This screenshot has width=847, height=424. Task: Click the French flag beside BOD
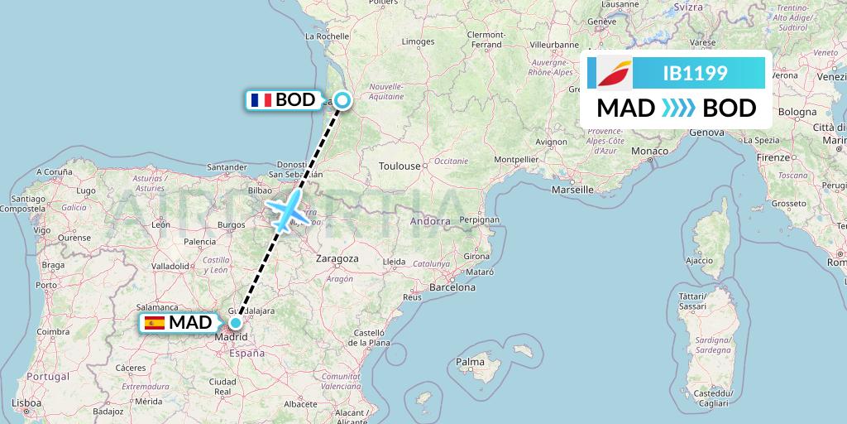click(261, 100)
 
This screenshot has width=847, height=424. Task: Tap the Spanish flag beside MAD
click(155, 323)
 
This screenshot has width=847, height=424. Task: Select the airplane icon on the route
click(288, 212)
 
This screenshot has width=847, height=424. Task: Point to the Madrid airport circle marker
click(236, 323)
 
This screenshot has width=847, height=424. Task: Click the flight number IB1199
click(695, 73)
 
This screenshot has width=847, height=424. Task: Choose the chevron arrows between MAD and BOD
click(678, 108)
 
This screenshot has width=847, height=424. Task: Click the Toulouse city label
click(400, 166)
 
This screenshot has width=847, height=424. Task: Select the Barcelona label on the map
click(451, 288)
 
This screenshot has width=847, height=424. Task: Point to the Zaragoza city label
click(337, 258)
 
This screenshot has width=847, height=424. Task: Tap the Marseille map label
click(573, 190)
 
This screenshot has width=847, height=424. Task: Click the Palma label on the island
click(470, 362)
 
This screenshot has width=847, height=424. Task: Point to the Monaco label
click(649, 151)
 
